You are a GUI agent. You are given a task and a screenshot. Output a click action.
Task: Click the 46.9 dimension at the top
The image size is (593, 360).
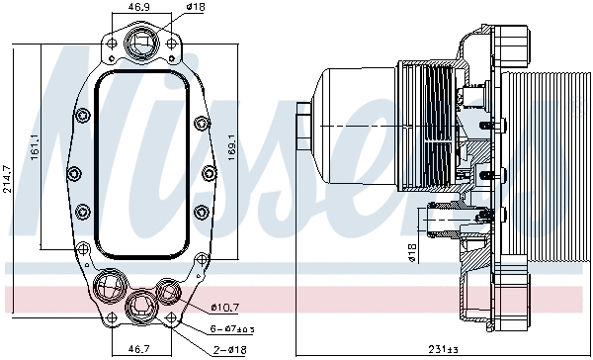click(141, 7)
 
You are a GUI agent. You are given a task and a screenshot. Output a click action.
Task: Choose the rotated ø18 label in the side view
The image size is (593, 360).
click(412, 253)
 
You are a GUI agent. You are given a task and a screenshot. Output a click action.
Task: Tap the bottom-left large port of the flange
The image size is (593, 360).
click(108, 288)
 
